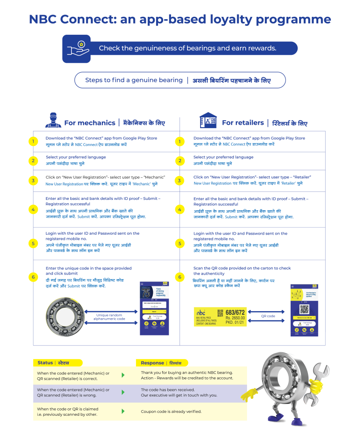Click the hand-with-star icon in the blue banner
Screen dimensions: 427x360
(77, 48)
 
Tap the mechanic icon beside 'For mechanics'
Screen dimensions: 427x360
(53, 120)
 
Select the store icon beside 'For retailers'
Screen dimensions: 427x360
(208, 120)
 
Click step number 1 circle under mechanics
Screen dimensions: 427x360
(33, 141)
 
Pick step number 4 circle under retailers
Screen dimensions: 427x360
(180, 209)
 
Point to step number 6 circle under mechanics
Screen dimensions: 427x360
(33, 277)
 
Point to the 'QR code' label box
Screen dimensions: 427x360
(268, 316)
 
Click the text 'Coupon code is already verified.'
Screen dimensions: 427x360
(171, 412)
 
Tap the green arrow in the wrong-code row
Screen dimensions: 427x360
(123, 392)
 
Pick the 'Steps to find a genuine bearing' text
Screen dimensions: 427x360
(134, 80)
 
